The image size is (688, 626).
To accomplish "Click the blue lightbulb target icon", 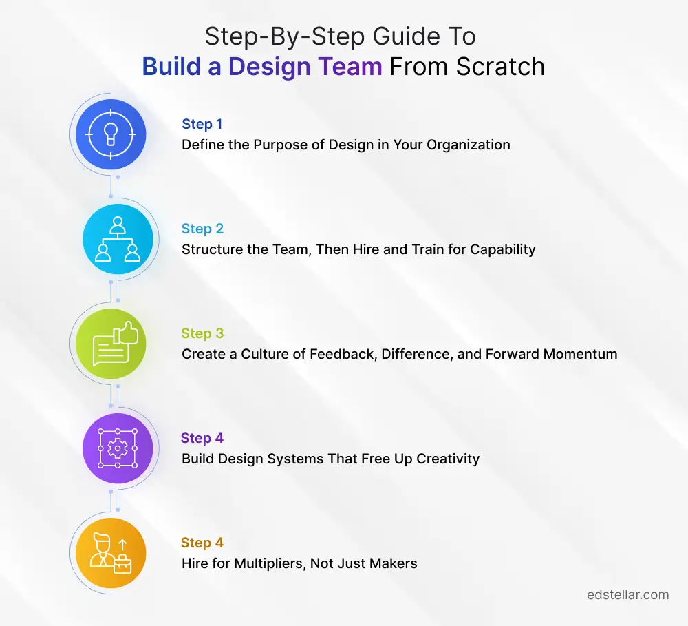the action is coord(111,134).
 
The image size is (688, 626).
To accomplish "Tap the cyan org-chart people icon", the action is coord(118,239).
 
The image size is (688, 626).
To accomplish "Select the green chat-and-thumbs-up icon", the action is coord(111,344).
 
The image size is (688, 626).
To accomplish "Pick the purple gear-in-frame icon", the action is coord(118,448).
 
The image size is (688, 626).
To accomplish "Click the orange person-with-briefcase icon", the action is coord(111,552).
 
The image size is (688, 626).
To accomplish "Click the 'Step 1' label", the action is coord(202,125).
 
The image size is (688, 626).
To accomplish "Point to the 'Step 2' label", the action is coord(202,229).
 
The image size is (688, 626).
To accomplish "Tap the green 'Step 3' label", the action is coord(202,333).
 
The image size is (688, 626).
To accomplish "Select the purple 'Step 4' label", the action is coord(202,438).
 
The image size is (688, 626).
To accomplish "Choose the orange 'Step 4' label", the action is coord(202,543).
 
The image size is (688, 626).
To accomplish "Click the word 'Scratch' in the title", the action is coord(500,67).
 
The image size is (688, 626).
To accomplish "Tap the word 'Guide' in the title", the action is coord(406,36).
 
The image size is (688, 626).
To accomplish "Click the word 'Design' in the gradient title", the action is coord(270,67).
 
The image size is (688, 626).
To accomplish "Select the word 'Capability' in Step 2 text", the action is coord(503,249).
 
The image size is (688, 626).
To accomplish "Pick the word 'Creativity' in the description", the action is coord(448,459).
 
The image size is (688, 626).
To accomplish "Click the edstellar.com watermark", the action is coord(628,595).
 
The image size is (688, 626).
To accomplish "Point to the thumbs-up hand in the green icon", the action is coord(126,333).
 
